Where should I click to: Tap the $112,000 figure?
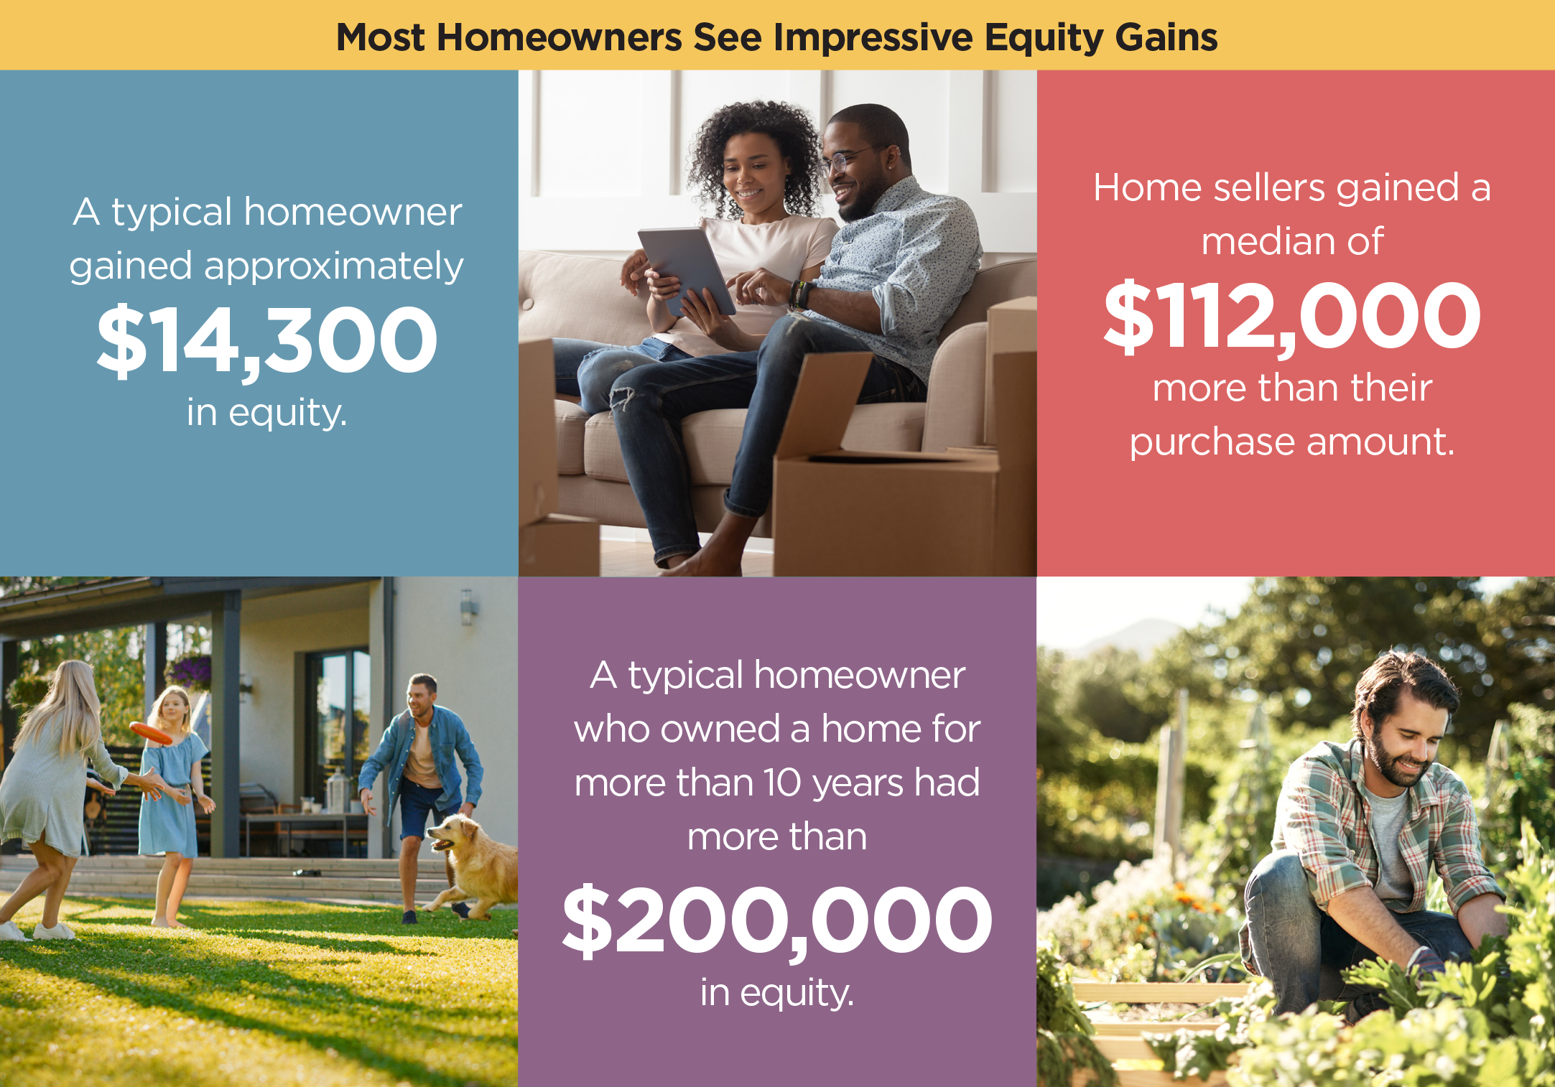tap(1292, 317)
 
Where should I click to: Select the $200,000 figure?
tap(777, 921)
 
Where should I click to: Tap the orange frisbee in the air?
tap(150, 732)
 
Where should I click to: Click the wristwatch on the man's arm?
tap(802, 294)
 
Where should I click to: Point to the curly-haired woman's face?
tap(751, 172)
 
